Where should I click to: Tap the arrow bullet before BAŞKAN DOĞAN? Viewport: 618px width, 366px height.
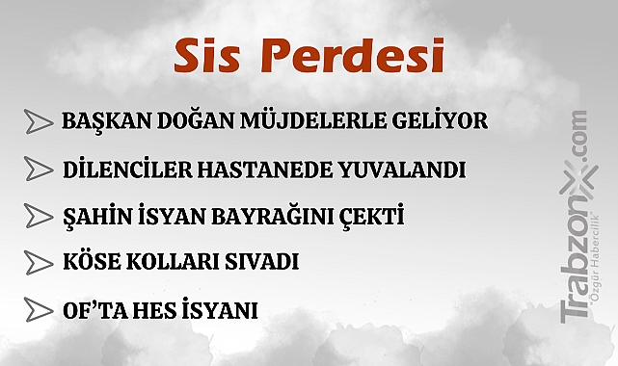[x=38, y=122]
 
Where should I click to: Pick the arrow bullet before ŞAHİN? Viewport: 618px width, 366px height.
[x=38, y=216]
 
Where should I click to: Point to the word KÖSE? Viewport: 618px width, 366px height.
[x=91, y=262]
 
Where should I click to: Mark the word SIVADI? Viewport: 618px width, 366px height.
[x=262, y=262]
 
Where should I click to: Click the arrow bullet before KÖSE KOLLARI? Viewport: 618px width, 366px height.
[x=38, y=262]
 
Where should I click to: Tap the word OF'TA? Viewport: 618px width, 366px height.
[x=93, y=310]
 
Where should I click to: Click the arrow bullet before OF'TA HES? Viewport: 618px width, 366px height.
[x=38, y=310]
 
